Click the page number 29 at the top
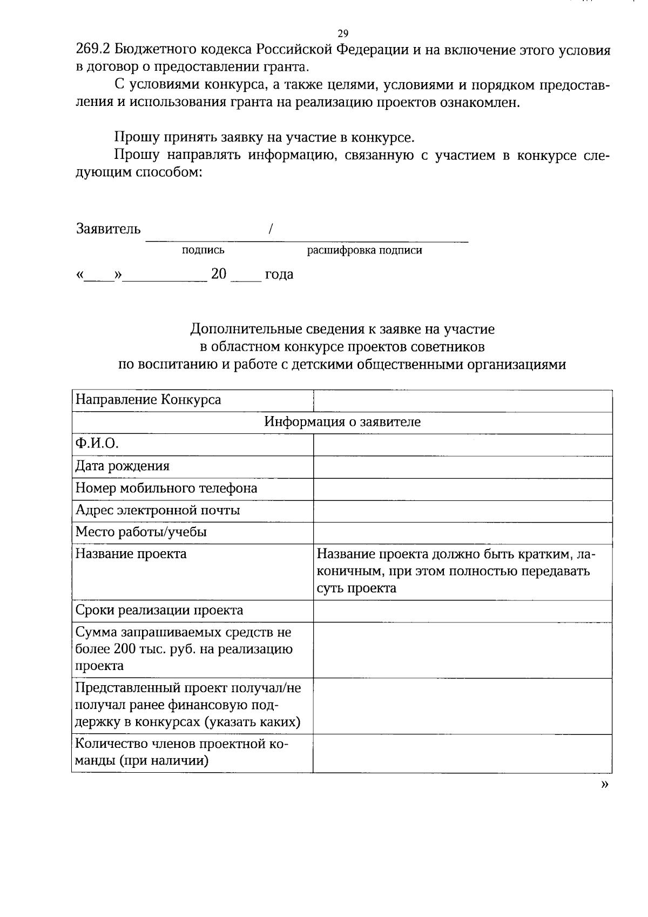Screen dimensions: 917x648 click(x=342, y=34)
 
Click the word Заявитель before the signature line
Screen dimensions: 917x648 click(x=108, y=229)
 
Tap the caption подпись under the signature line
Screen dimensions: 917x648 click(x=203, y=250)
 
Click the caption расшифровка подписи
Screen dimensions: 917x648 click(x=364, y=250)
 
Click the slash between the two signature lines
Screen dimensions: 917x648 click(x=270, y=229)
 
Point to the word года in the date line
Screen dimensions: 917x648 click(x=279, y=275)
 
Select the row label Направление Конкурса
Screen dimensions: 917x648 click(x=148, y=400)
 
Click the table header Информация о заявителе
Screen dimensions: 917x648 click(x=342, y=422)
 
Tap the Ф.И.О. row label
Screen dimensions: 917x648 click(x=97, y=444)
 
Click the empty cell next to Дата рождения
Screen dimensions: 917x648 click(x=462, y=466)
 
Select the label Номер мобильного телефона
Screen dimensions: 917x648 click(x=166, y=488)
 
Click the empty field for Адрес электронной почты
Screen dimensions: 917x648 click(x=462, y=511)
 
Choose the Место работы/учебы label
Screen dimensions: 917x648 click(x=141, y=532)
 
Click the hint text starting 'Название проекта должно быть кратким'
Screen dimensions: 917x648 click(x=456, y=571)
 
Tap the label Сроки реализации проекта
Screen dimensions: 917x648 click(x=159, y=611)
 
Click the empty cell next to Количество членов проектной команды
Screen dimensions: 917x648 click(x=462, y=753)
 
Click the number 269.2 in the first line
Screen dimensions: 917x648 click(x=93, y=50)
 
